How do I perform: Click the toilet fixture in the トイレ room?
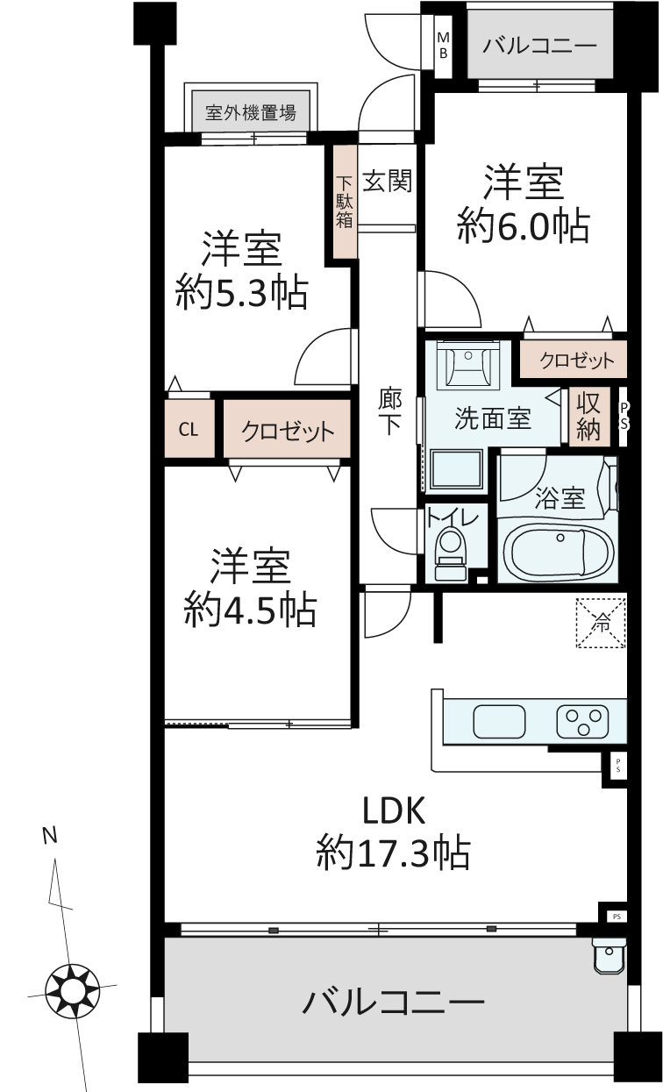point(450,555)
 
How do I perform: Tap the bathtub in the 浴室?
point(557,553)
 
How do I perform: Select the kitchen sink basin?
point(499,722)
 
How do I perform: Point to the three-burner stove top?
point(582,722)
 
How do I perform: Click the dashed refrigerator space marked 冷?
point(601,623)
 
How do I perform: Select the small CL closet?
point(189,429)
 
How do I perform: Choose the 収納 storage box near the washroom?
point(589,417)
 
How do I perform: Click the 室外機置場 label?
point(251,112)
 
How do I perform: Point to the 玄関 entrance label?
point(387,181)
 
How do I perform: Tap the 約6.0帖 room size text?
point(523,225)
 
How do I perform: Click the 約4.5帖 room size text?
point(250,610)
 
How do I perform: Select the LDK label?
point(394,810)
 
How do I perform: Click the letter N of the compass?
point(50,835)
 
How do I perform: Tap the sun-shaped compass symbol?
point(72,990)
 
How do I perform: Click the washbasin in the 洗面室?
point(468,365)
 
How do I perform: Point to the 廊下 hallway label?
point(390,410)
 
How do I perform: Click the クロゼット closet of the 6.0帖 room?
point(574,360)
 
